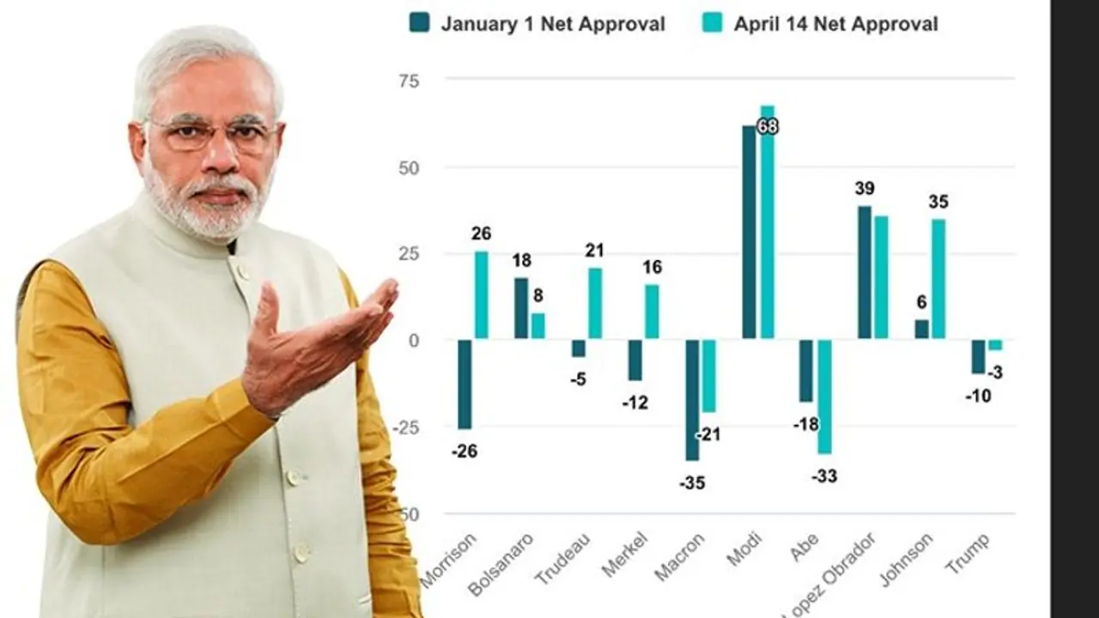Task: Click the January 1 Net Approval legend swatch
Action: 420,23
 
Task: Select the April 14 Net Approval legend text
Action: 835,24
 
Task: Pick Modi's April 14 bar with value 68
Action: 768,223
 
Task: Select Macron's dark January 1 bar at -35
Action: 692,400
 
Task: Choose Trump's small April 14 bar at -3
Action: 995,345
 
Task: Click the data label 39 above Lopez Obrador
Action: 865,189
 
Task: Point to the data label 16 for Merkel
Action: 652,268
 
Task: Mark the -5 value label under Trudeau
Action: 578,379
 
